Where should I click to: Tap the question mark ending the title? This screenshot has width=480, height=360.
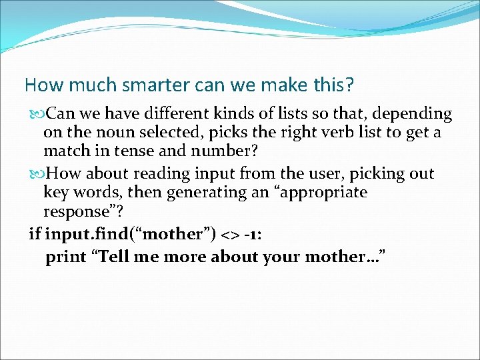(x=350, y=85)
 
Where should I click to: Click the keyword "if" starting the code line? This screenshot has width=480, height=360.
(x=34, y=234)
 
